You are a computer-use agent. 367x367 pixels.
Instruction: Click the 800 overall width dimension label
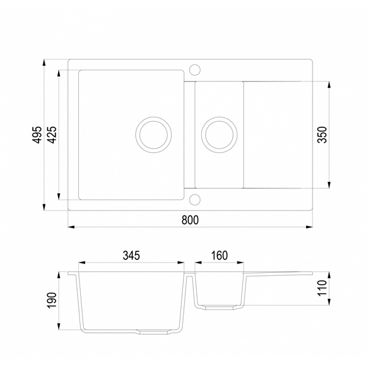pyautogui.click(x=190, y=220)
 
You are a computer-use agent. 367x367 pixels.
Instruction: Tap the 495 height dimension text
pyautogui.click(x=37, y=135)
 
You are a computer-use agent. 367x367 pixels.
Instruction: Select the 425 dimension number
pyautogui.click(x=52, y=135)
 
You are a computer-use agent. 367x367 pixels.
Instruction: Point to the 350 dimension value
pyautogui.click(x=322, y=135)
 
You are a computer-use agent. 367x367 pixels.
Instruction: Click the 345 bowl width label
pyautogui.click(x=132, y=255)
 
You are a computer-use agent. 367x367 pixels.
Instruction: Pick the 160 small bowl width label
pyautogui.click(x=220, y=255)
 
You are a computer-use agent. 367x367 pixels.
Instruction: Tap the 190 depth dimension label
pyautogui.click(x=52, y=300)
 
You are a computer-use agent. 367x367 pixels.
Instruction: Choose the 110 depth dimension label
pyautogui.click(x=322, y=288)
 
